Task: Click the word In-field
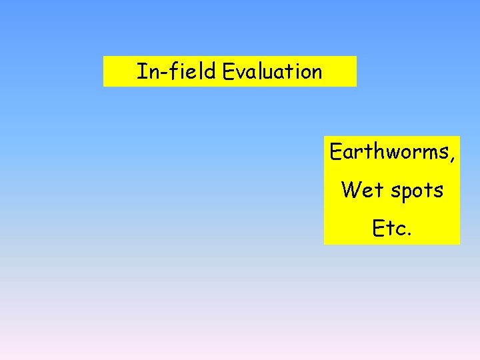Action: (x=177, y=71)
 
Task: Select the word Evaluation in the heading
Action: (x=273, y=71)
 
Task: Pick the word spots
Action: (x=417, y=191)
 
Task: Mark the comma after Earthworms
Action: (x=453, y=159)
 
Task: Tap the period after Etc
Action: (x=409, y=234)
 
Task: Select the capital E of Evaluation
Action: (x=229, y=71)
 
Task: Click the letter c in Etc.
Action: (x=400, y=231)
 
